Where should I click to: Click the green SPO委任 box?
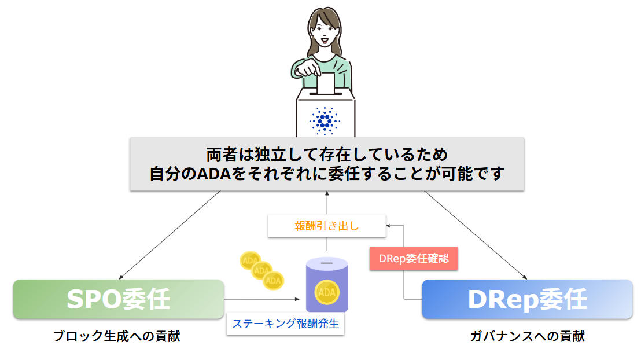(119, 299)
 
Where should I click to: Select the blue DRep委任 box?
(527, 299)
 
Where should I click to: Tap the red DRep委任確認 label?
(414, 258)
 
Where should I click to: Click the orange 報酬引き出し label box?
(327, 226)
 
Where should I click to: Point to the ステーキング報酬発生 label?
(285, 324)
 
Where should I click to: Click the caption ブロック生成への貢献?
(116, 336)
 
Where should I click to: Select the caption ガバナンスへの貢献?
(527, 336)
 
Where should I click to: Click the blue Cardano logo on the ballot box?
(326, 120)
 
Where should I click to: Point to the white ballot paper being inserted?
(326, 83)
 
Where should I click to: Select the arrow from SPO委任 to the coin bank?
(263, 299)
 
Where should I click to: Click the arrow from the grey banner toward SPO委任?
(171, 234)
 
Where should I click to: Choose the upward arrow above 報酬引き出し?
(326, 203)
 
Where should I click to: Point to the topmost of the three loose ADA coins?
(250, 260)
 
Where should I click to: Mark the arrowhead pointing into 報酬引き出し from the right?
(389, 226)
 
